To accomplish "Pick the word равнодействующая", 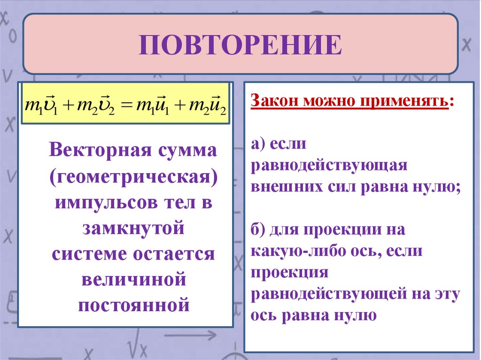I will point(328,166).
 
